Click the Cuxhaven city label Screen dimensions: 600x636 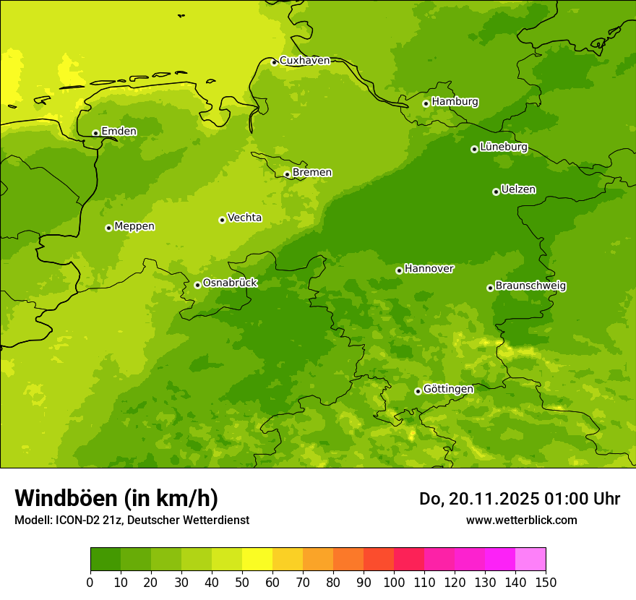[304, 61]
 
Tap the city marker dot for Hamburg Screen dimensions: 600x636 [426, 103]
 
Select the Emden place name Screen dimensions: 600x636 [119, 132]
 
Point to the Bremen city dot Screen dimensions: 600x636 [287, 174]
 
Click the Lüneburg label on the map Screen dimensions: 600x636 [503, 147]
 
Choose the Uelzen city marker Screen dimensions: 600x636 [496, 192]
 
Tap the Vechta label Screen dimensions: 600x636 [244, 218]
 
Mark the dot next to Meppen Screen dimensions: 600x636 [108, 228]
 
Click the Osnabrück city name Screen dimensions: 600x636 [230, 283]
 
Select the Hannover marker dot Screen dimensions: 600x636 [399, 270]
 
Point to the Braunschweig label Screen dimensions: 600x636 [530, 286]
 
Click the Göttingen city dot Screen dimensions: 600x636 [418, 391]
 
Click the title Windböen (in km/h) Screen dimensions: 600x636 [116, 498]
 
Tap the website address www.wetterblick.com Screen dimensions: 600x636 [521, 520]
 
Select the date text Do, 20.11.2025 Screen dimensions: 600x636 [480, 499]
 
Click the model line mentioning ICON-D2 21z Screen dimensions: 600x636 [132, 520]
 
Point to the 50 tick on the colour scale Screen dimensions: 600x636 [242, 582]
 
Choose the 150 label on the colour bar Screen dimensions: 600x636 [546, 582]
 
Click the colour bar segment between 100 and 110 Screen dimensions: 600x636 [409, 560]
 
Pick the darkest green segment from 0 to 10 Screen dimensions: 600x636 [106, 560]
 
